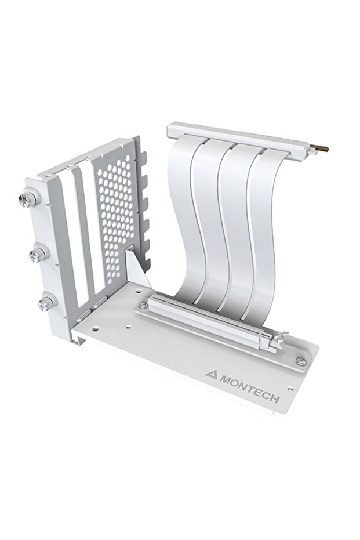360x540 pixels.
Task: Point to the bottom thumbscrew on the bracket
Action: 46,302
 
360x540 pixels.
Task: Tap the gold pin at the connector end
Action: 321,148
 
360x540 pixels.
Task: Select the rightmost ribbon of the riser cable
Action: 267,232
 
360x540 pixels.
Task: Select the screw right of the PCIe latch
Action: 300,361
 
